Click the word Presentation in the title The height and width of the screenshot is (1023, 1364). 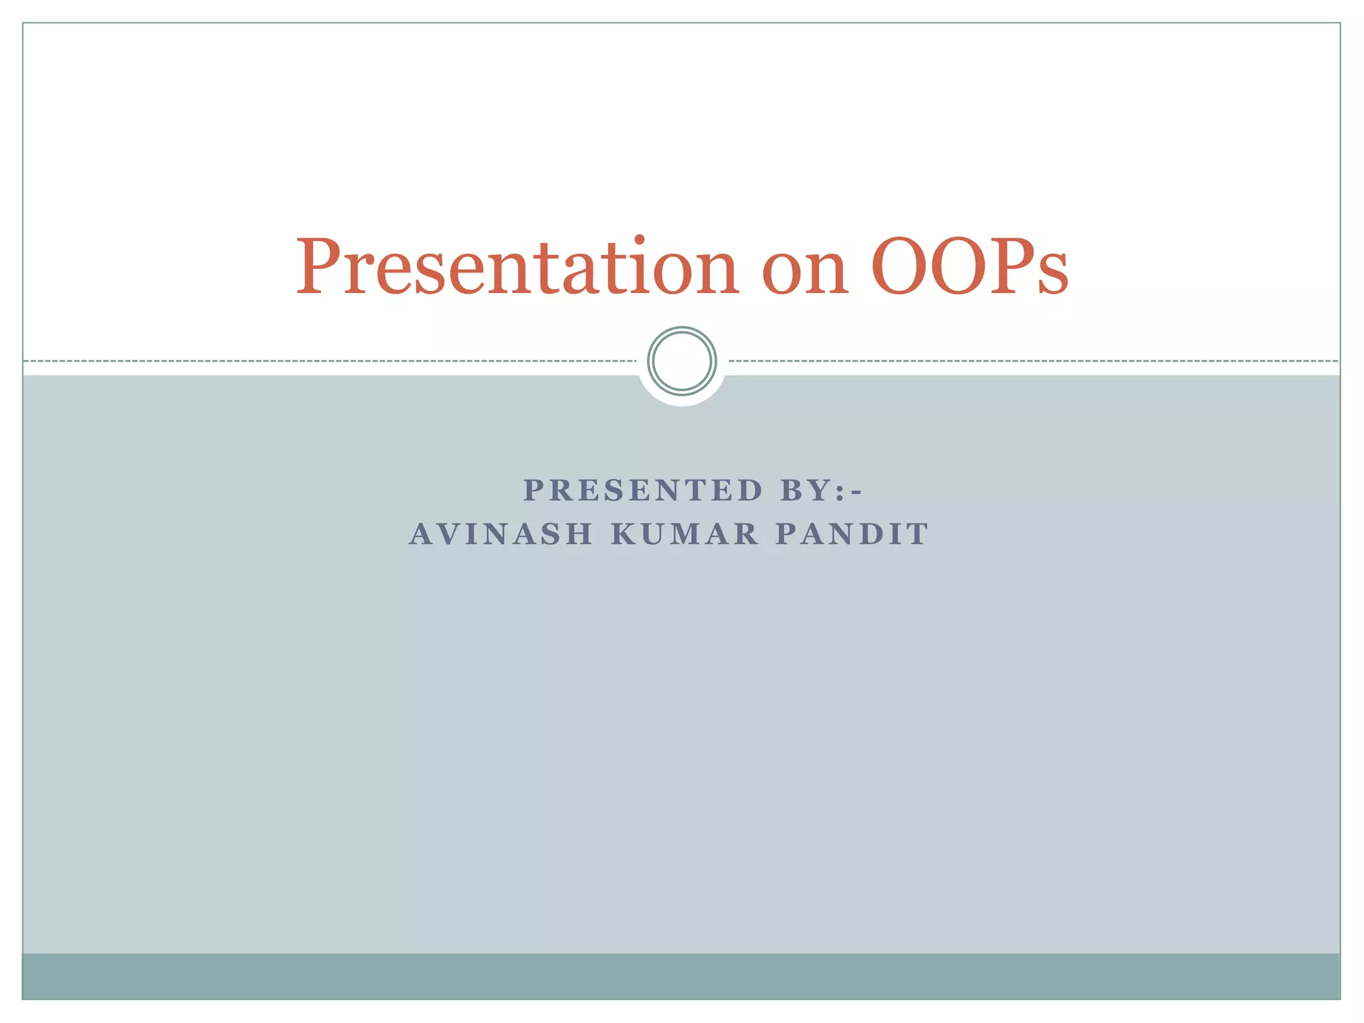[x=517, y=267]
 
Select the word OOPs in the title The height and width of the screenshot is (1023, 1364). [x=969, y=267]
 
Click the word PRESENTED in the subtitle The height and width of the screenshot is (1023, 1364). [x=643, y=491]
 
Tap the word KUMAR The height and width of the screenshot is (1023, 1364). [x=685, y=534]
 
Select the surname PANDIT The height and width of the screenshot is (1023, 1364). [x=852, y=534]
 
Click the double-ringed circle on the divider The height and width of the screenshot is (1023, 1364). [x=682, y=361]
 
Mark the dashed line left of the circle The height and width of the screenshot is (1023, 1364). [x=333, y=361]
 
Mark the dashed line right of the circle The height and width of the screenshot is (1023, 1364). [x=1032, y=361]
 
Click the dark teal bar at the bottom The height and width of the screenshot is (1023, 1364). [x=682, y=976]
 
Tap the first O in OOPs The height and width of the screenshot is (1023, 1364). [x=900, y=267]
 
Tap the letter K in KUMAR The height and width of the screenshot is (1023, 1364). [x=623, y=534]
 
